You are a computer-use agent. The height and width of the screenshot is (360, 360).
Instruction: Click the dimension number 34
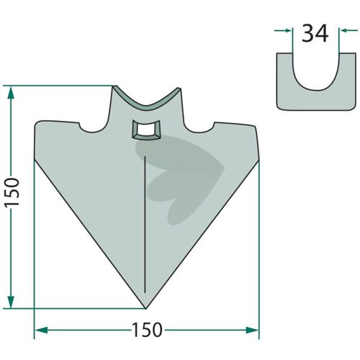pyautogui.click(x=315, y=34)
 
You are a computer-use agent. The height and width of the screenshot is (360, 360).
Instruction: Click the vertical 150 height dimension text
pyautogui.click(x=12, y=192)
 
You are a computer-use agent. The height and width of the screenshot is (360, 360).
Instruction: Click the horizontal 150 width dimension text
pyautogui.click(x=148, y=330)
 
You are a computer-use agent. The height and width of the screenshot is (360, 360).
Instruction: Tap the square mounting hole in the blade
pyautogui.click(x=146, y=130)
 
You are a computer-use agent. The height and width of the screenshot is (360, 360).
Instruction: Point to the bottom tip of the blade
pyautogui.click(x=145, y=308)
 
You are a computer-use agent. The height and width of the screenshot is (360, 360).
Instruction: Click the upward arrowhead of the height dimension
pyautogui.click(x=11, y=93)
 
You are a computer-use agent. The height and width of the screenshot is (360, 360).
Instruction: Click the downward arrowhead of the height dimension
pyautogui.click(x=11, y=302)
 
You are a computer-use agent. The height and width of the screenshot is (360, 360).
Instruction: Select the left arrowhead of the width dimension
pyautogui.click(x=41, y=330)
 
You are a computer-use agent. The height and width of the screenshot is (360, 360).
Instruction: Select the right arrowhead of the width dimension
pyautogui.click(x=252, y=330)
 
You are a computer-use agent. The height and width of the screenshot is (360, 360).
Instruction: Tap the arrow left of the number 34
pyautogui.click(x=284, y=30)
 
